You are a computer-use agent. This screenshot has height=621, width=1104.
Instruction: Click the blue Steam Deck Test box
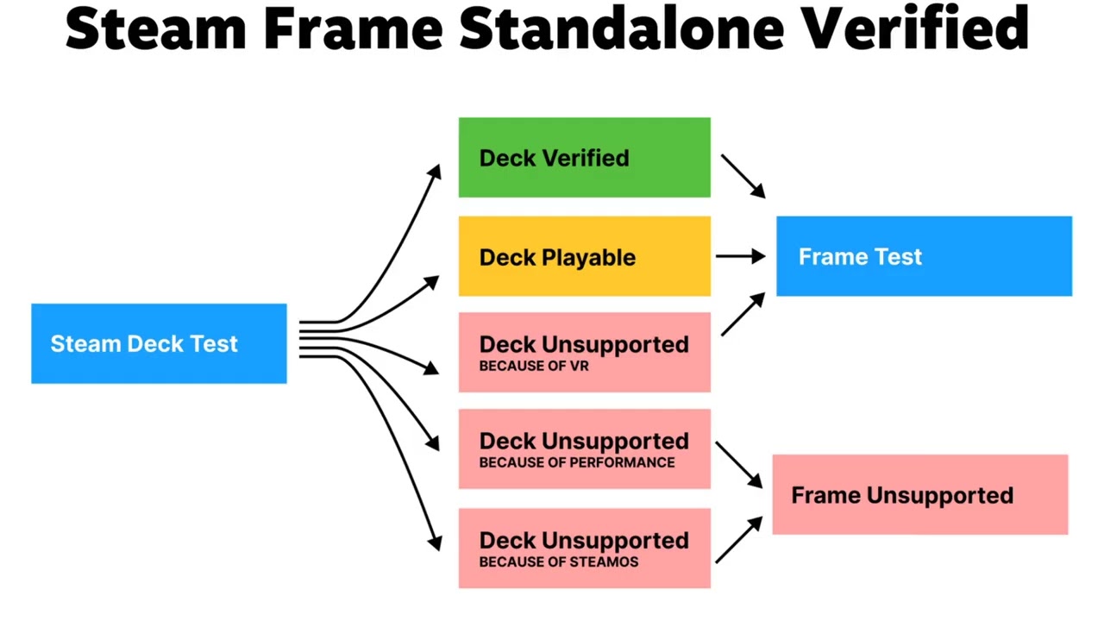point(159,343)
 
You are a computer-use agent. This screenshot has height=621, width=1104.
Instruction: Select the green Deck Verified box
point(584,158)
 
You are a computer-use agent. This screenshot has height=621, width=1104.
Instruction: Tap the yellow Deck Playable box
point(584,256)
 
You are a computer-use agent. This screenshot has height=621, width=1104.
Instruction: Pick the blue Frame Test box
point(924,256)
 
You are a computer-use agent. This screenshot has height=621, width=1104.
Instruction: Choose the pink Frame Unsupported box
point(919,495)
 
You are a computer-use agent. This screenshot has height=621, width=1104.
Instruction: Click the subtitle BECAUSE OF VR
point(534,366)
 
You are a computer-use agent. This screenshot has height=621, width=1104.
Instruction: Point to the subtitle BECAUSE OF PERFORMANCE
point(577,462)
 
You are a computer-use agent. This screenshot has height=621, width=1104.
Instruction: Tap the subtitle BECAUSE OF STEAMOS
point(559,561)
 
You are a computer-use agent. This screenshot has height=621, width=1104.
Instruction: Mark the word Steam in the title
point(156,28)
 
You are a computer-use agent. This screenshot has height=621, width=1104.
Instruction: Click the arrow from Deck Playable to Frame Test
point(740,256)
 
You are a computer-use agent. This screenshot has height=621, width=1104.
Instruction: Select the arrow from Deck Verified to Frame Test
point(743,176)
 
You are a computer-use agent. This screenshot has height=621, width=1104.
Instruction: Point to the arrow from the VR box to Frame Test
point(743,314)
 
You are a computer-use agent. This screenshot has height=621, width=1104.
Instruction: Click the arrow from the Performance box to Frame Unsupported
point(739,466)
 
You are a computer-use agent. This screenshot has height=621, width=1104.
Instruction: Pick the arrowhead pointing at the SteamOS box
point(435,541)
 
